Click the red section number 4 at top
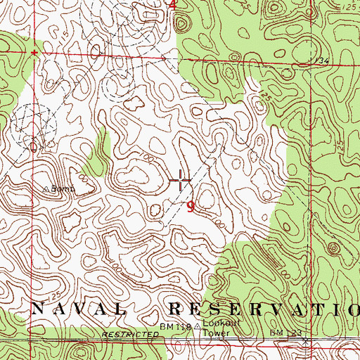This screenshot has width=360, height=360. click(x=174, y=4)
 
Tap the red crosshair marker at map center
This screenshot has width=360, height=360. click(x=181, y=181)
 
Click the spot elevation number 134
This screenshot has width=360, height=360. click(x=323, y=62)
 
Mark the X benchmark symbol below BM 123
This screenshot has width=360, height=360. click(x=305, y=340)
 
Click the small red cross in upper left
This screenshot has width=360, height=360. click(x=32, y=53)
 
